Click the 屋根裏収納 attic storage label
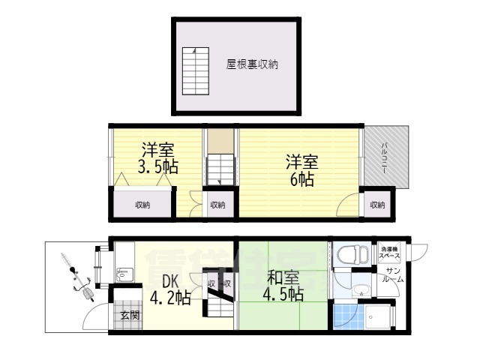pos(252,64)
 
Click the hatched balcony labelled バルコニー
pos(386,157)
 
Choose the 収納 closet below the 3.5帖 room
pos(142,205)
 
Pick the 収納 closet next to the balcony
pos(376,205)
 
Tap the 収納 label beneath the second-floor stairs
pos(217,205)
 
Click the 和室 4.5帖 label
pos(282,285)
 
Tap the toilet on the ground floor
pos(347,255)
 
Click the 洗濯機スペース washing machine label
pos(389,252)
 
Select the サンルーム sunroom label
pos(394,274)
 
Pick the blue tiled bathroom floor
pos(344,316)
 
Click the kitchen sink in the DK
pos(124,276)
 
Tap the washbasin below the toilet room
pos(361,291)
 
